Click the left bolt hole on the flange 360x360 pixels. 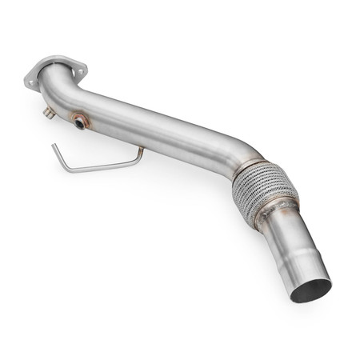click(31, 82)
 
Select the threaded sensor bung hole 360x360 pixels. click(81, 122)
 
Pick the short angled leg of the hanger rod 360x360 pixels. click(59, 158)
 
